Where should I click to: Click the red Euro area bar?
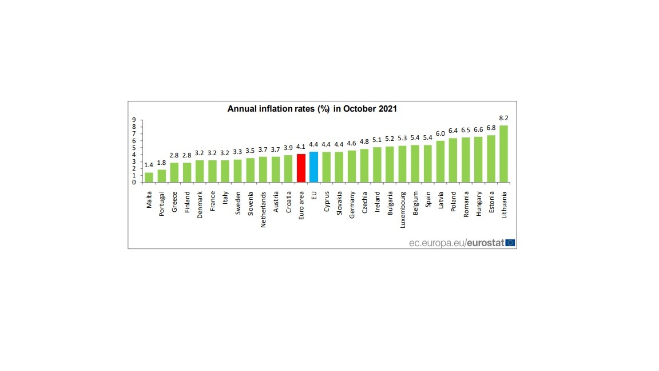(x=301, y=168)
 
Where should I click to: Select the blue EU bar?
(x=313, y=167)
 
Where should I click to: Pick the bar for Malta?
(x=149, y=177)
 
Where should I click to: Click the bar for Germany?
(x=351, y=166)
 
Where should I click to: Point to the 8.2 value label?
(x=503, y=118)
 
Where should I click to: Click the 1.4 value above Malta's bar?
(x=149, y=165)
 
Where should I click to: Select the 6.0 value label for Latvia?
(x=440, y=133)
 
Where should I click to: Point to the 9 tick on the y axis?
(x=134, y=120)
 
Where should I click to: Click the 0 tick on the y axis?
(x=134, y=182)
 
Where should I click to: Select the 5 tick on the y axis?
(x=134, y=148)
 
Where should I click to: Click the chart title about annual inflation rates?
(x=312, y=108)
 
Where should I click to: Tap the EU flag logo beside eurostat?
(x=510, y=243)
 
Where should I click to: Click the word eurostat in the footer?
(x=485, y=243)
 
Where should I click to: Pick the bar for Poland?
(x=453, y=160)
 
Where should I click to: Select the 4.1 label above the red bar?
(x=301, y=147)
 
